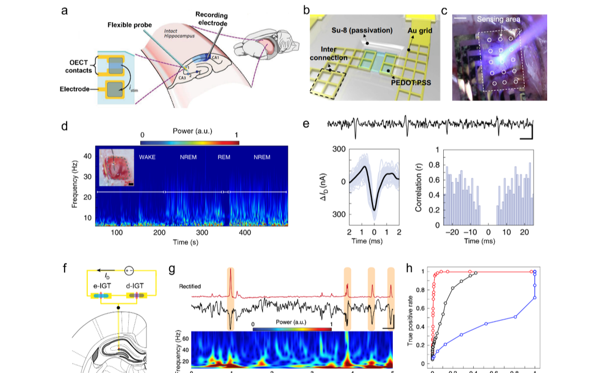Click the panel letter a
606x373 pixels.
coord(64,10)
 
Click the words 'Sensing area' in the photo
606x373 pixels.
coord(499,19)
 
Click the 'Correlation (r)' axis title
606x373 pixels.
coord(419,187)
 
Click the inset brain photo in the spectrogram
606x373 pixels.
coord(117,167)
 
